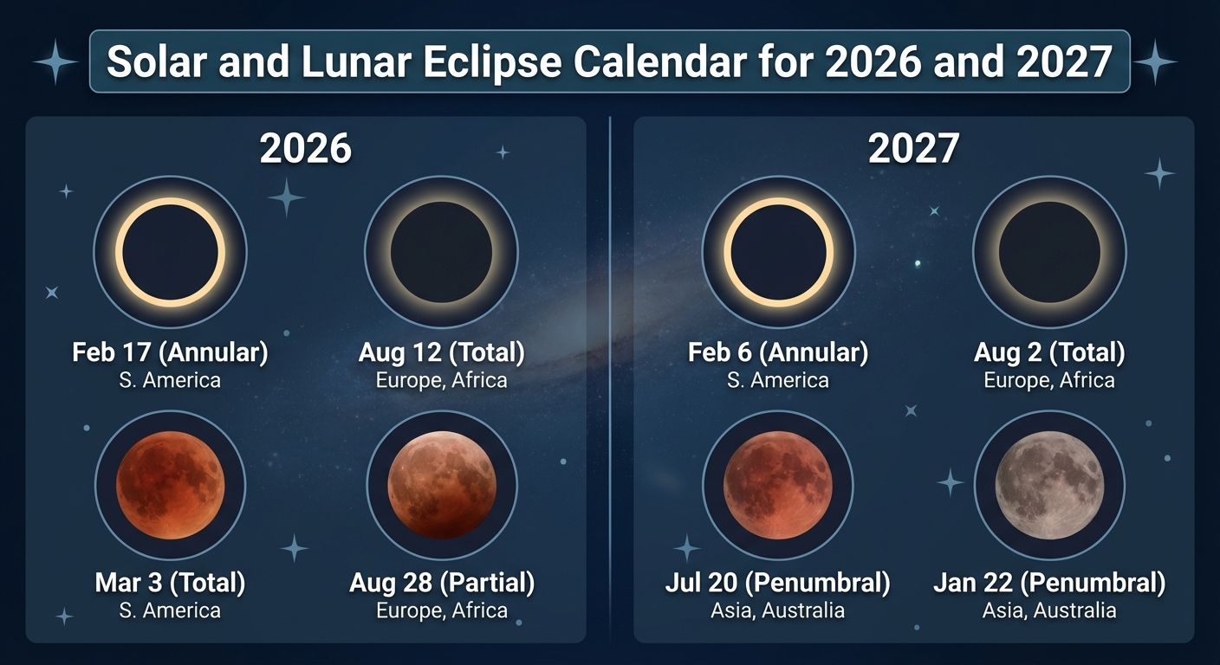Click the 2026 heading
coord(306,150)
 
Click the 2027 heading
coord(913,150)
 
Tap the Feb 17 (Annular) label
coord(170,352)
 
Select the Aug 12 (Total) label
coord(441,352)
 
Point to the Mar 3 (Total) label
coord(170,583)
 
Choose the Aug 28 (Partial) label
coord(442,583)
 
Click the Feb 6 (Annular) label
coord(777,352)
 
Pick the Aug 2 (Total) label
coord(1049,352)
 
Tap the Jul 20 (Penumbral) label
coord(777,583)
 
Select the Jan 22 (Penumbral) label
coord(1049,583)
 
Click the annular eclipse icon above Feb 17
coord(170,253)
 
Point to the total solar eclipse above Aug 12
coord(441,253)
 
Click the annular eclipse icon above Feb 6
coord(778,253)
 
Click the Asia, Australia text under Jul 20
coord(777,610)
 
